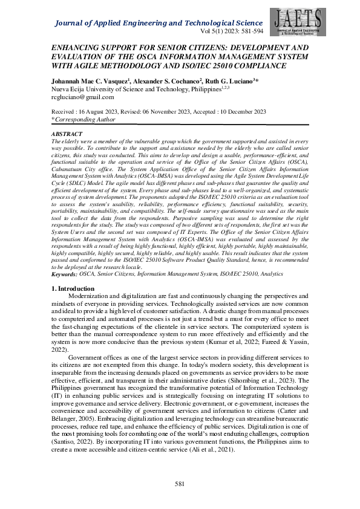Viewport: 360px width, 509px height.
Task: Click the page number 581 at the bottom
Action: [180, 484]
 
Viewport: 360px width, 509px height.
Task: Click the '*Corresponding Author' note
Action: [80, 120]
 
